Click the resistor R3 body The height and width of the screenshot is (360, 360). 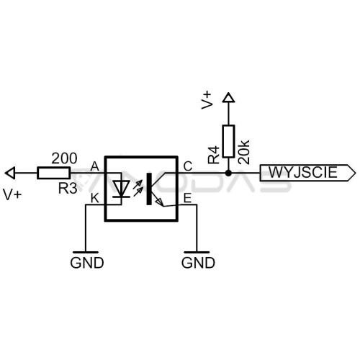[54, 173]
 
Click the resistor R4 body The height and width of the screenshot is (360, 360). [228, 141]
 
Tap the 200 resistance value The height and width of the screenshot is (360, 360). [64, 158]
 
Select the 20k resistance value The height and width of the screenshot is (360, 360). [244, 152]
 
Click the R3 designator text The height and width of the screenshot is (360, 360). [68, 188]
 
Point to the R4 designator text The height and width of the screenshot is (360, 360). [214, 155]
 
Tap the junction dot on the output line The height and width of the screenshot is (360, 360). [228, 173]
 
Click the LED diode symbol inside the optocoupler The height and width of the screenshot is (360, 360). [122, 189]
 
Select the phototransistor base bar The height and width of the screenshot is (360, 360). [149, 189]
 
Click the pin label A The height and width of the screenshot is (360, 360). [95, 166]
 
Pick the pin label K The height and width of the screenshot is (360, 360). [95, 199]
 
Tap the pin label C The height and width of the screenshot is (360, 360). [188, 166]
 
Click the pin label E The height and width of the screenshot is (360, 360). [187, 199]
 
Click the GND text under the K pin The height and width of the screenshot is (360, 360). [87, 263]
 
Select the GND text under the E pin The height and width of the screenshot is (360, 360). [198, 263]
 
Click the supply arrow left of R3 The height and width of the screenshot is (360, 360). [10, 173]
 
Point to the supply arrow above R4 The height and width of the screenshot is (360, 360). [228, 97]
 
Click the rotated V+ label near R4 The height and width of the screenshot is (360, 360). [207, 100]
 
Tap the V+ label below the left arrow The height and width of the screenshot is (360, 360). [12, 194]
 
